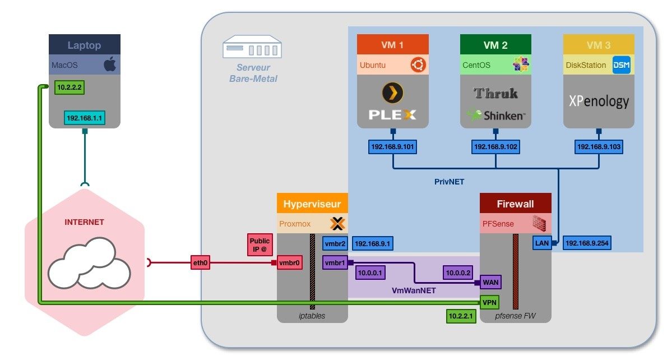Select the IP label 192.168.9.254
click(x=587, y=243)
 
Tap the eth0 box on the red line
click(x=200, y=262)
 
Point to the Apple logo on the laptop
click(x=110, y=65)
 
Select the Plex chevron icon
click(x=393, y=93)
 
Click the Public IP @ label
click(x=260, y=245)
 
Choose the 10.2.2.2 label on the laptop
click(x=70, y=88)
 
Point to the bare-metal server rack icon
click(x=252, y=47)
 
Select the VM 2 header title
click(x=495, y=45)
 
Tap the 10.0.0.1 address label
click(x=369, y=273)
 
